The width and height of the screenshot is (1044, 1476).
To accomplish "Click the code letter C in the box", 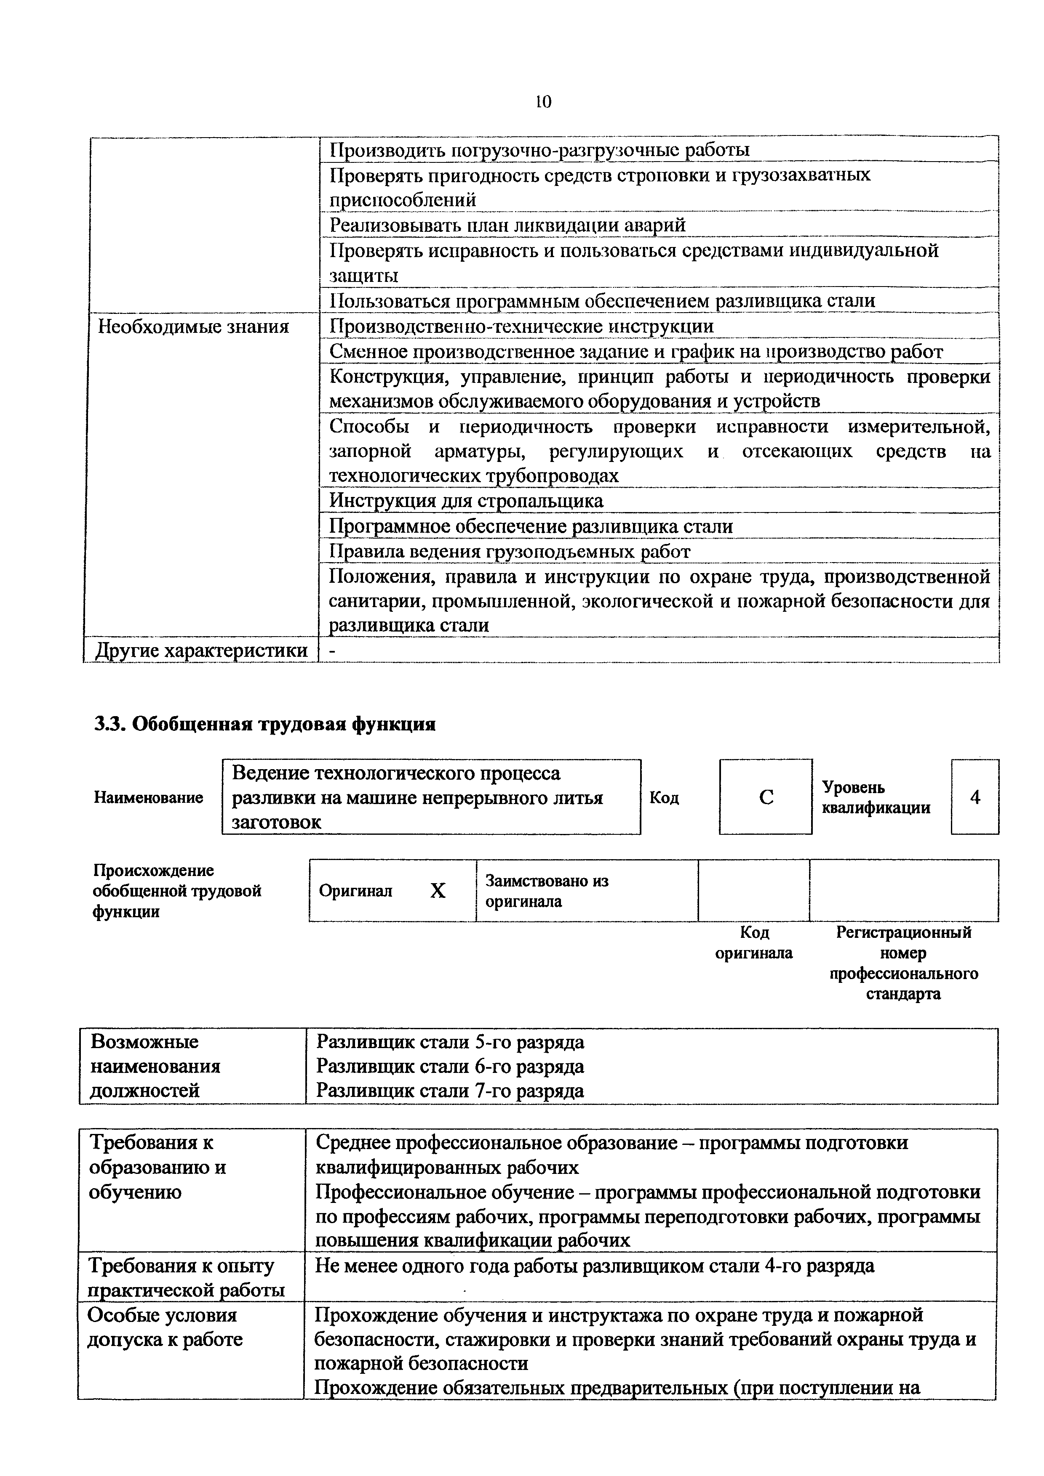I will [766, 797].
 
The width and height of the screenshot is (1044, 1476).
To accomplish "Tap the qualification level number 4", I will [975, 797].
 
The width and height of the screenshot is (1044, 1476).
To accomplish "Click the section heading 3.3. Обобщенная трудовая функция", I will [265, 724].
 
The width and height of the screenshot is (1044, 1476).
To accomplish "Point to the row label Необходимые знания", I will [193, 327].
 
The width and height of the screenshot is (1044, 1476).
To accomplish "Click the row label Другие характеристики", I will [201, 650].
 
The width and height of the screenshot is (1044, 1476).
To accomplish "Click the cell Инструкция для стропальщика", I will [466, 500].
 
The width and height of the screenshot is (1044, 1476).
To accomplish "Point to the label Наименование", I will [149, 797].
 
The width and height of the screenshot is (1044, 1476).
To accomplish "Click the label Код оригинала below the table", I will [754, 942].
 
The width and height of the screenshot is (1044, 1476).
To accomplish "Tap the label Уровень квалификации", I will [876, 798].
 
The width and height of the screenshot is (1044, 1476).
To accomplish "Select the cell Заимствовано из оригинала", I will [546, 890].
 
